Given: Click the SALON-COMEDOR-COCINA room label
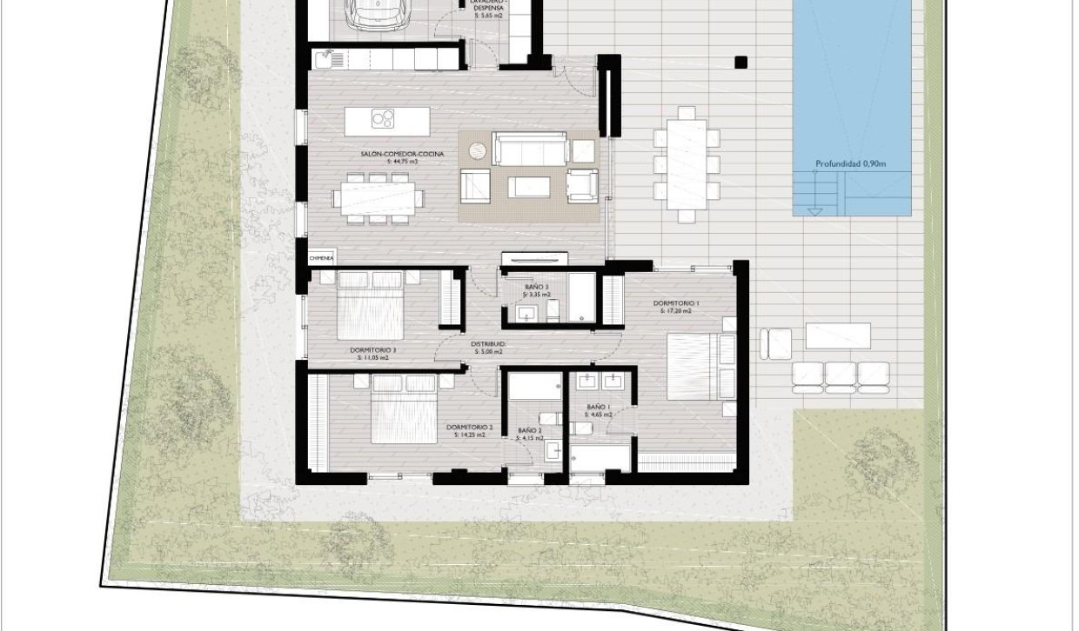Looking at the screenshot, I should (402, 154).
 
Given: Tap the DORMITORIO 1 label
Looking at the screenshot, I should (676, 303).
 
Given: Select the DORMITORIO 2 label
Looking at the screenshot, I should (469, 428).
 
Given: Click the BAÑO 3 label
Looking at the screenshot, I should (536, 287).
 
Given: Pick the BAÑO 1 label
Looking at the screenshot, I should (599, 407).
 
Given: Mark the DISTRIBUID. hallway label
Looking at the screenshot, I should (488, 344).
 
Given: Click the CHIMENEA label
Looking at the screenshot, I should (320, 258).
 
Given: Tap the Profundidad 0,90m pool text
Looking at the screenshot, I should (851, 163).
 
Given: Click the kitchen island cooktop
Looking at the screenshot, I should (382, 118).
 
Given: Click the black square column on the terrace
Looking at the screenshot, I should (740, 62).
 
